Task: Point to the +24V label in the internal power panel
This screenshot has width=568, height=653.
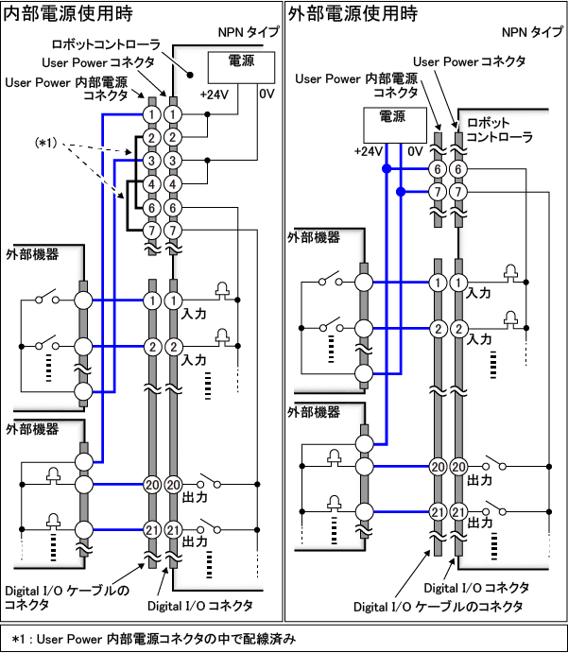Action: (x=213, y=95)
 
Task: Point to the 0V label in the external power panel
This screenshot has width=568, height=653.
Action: (x=415, y=151)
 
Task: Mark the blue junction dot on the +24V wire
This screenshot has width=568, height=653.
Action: (x=387, y=169)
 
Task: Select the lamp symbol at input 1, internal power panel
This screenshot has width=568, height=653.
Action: (x=224, y=290)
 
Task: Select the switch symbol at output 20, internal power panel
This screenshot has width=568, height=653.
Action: (x=209, y=484)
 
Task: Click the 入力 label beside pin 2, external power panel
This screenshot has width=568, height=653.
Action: (x=481, y=337)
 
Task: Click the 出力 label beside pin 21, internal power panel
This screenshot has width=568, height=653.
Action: (x=196, y=541)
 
